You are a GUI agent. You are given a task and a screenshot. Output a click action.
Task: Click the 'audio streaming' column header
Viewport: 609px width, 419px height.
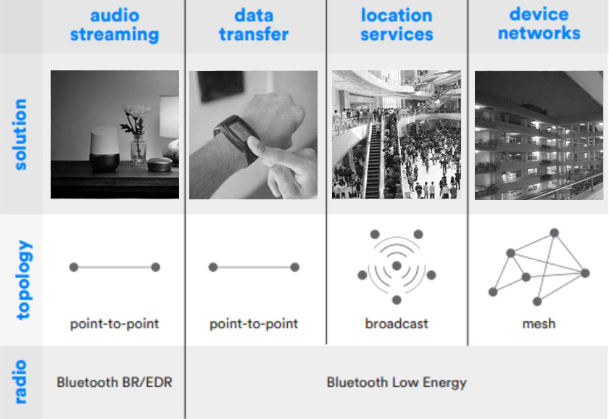click(x=115, y=25)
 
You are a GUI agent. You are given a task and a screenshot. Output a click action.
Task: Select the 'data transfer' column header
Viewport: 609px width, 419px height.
click(x=254, y=25)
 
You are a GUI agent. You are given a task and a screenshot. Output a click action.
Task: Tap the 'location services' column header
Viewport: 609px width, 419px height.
click(x=397, y=25)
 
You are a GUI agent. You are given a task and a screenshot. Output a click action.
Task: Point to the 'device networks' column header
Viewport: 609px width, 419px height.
click(x=539, y=24)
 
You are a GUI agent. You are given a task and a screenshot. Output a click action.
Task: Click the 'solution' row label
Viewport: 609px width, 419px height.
click(x=20, y=134)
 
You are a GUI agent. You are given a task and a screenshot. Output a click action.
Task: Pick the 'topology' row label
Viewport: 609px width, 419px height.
click(x=23, y=280)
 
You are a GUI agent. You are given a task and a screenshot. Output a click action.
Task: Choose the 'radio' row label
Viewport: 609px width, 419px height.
click(x=20, y=382)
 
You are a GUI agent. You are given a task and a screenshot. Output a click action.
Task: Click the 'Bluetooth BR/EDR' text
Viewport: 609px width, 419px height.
click(x=115, y=383)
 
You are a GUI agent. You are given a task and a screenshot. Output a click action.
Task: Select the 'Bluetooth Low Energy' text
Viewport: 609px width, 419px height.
click(x=397, y=383)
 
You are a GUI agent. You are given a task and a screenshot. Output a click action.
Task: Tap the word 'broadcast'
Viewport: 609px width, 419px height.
click(x=397, y=323)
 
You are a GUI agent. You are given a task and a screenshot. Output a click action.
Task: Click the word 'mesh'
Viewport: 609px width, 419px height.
click(x=539, y=323)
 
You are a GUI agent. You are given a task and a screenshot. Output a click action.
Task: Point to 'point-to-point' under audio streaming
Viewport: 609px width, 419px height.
click(x=115, y=324)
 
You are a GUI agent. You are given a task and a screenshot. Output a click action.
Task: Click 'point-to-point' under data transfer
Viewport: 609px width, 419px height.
click(x=254, y=324)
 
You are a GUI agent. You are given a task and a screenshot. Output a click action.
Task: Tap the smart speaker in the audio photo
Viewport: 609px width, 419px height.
click(x=104, y=149)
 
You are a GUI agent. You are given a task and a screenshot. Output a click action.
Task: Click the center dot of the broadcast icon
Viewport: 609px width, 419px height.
click(x=397, y=266)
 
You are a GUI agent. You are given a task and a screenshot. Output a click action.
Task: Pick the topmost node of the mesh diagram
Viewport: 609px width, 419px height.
click(x=554, y=233)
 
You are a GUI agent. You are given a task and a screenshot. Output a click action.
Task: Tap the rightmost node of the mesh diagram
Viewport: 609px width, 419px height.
click(x=585, y=273)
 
